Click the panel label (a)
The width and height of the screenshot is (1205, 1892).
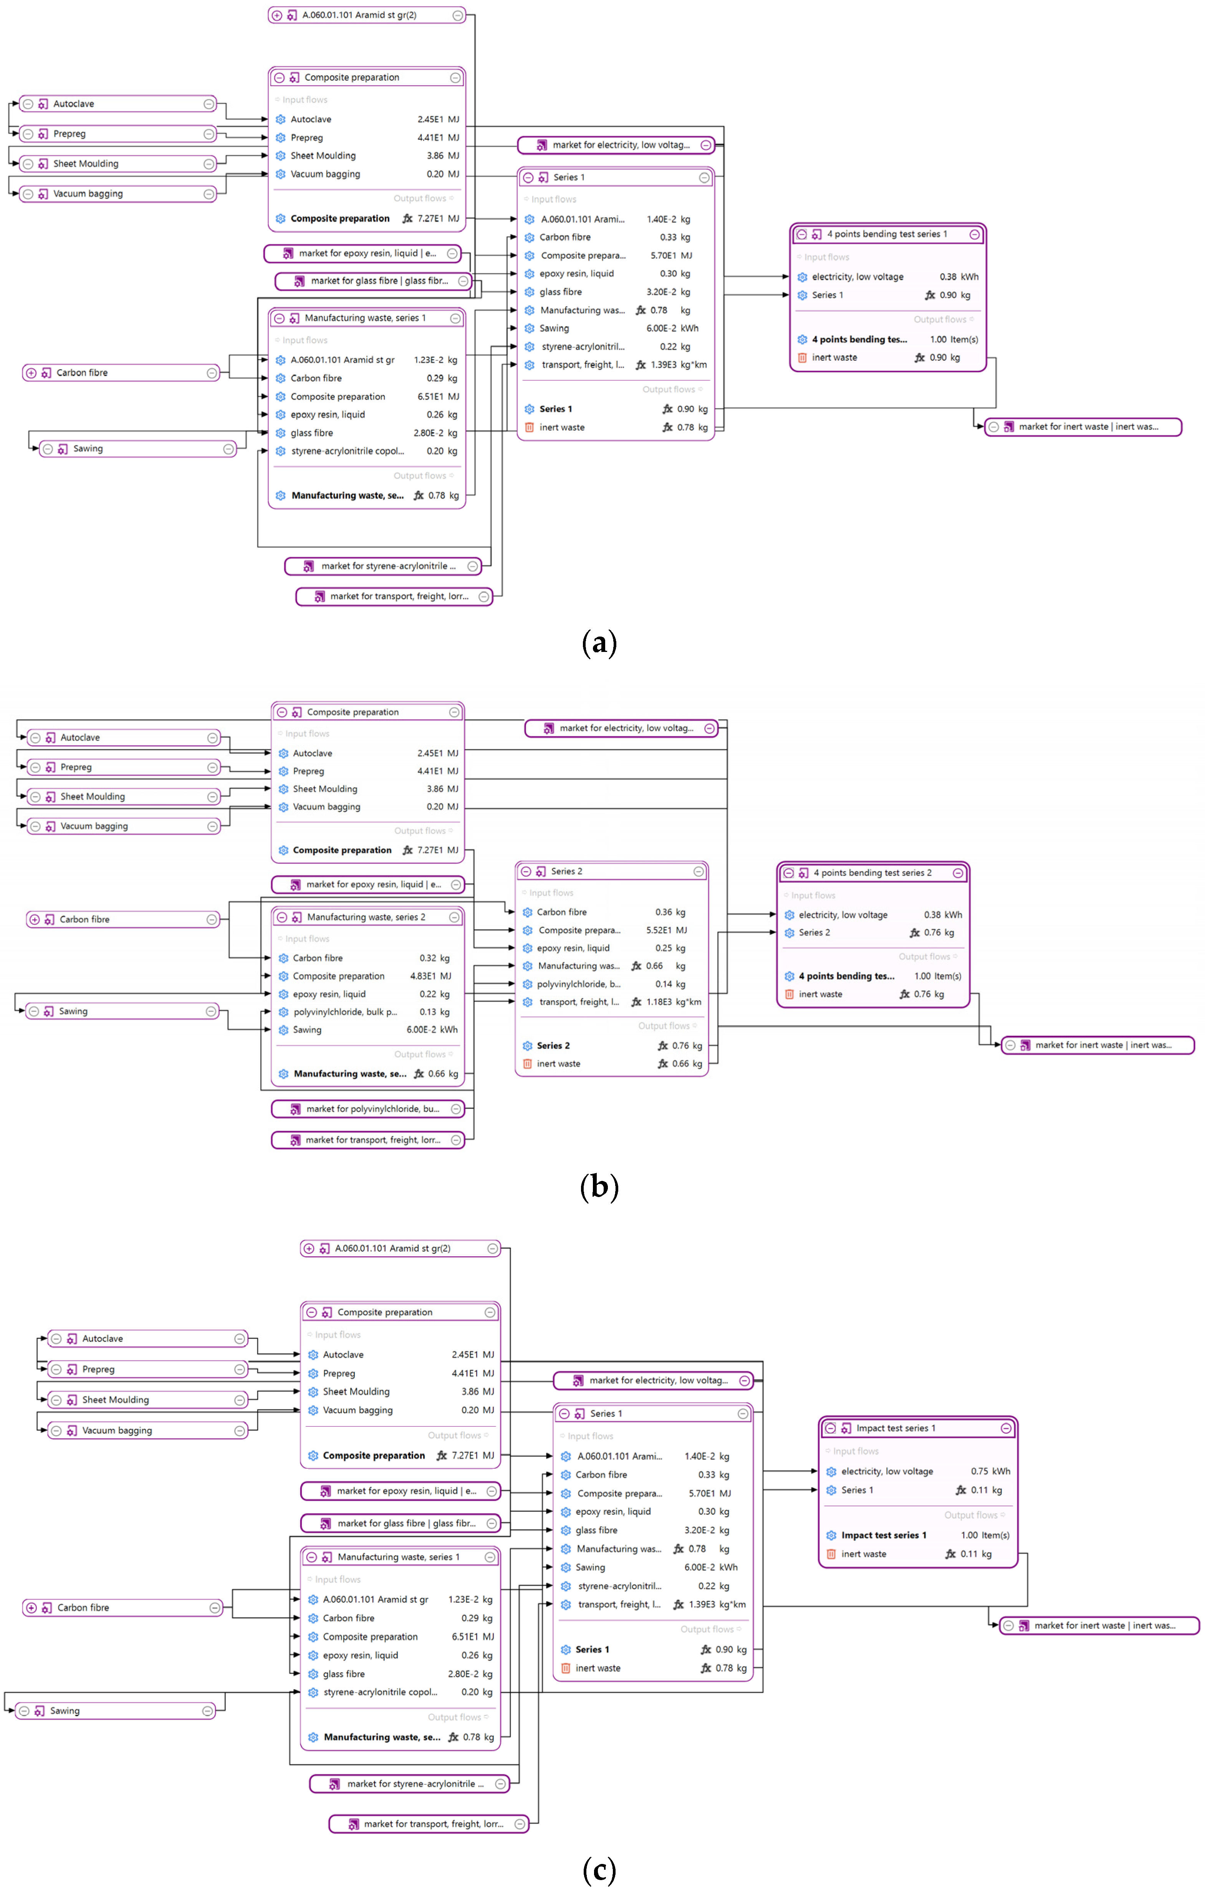click(599, 643)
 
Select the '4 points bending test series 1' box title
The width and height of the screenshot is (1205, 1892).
click(886, 234)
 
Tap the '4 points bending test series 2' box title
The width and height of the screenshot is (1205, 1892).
click(872, 873)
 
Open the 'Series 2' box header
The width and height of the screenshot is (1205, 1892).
click(566, 871)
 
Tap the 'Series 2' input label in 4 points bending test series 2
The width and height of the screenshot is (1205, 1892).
click(814, 933)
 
